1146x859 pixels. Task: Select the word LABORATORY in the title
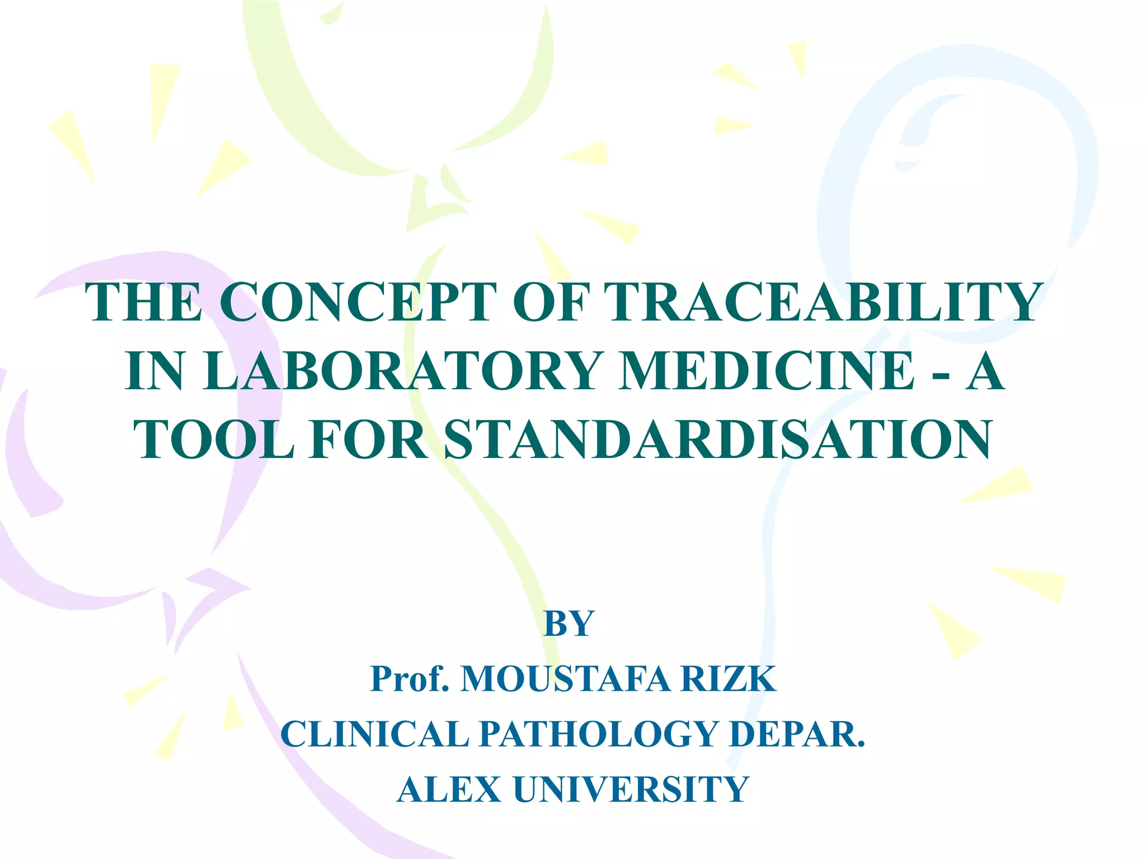[x=401, y=371]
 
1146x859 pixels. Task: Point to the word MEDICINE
[x=766, y=371]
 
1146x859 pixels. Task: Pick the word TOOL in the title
[x=214, y=440]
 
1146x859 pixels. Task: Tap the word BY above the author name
[x=569, y=624]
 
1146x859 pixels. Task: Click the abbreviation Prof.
[x=410, y=679]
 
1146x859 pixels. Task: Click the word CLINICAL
[x=374, y=734]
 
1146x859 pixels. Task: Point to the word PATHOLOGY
[x=598, y=734]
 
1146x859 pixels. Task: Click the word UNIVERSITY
[x=631, y=789]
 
